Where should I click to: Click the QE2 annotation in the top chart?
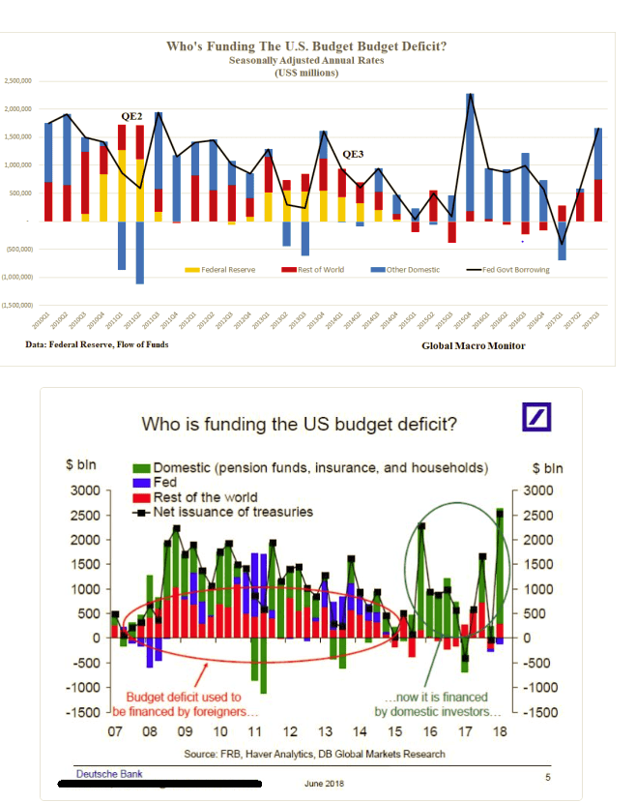[x=130, y=116]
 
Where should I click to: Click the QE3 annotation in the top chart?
[x=353, y=154]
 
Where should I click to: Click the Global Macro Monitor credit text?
[x=474, y=345]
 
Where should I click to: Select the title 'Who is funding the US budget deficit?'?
[x=300, y=424]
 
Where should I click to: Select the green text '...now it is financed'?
[x=435, y=697]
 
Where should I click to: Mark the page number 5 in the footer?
[x=547, y=776]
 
